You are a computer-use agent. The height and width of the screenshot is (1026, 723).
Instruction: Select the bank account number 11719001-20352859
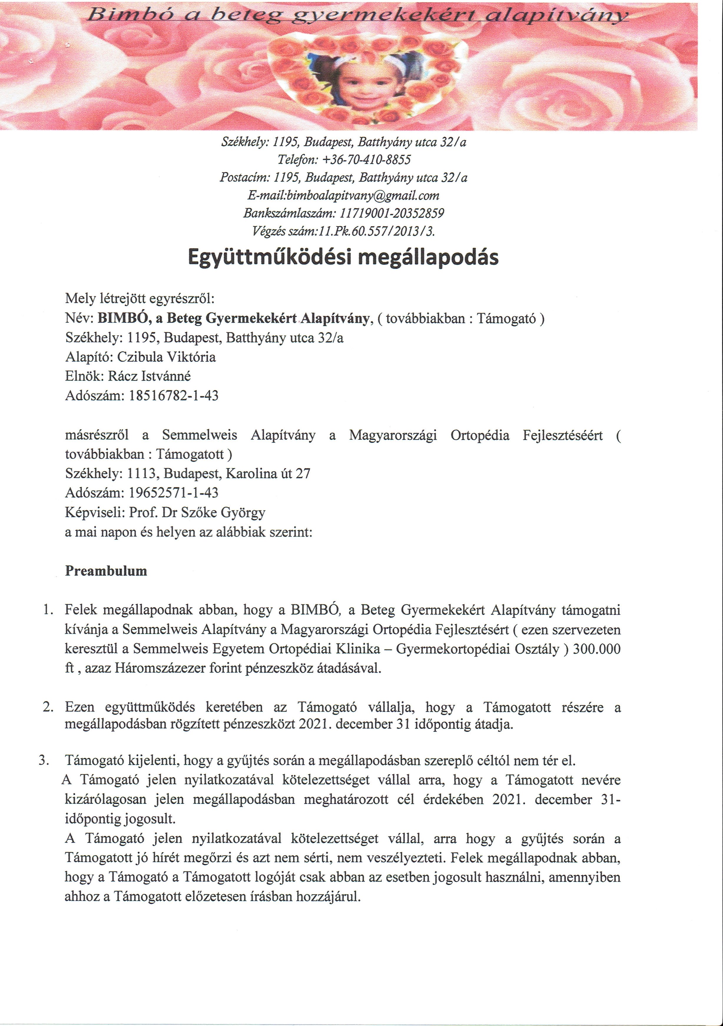click(392, 213)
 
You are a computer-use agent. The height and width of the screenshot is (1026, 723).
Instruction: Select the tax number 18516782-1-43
click(174, 395)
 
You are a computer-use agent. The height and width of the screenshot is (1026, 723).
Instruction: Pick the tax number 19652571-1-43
click(174, 492)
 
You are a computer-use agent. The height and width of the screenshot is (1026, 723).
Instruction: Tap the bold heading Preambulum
click(106, 571)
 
